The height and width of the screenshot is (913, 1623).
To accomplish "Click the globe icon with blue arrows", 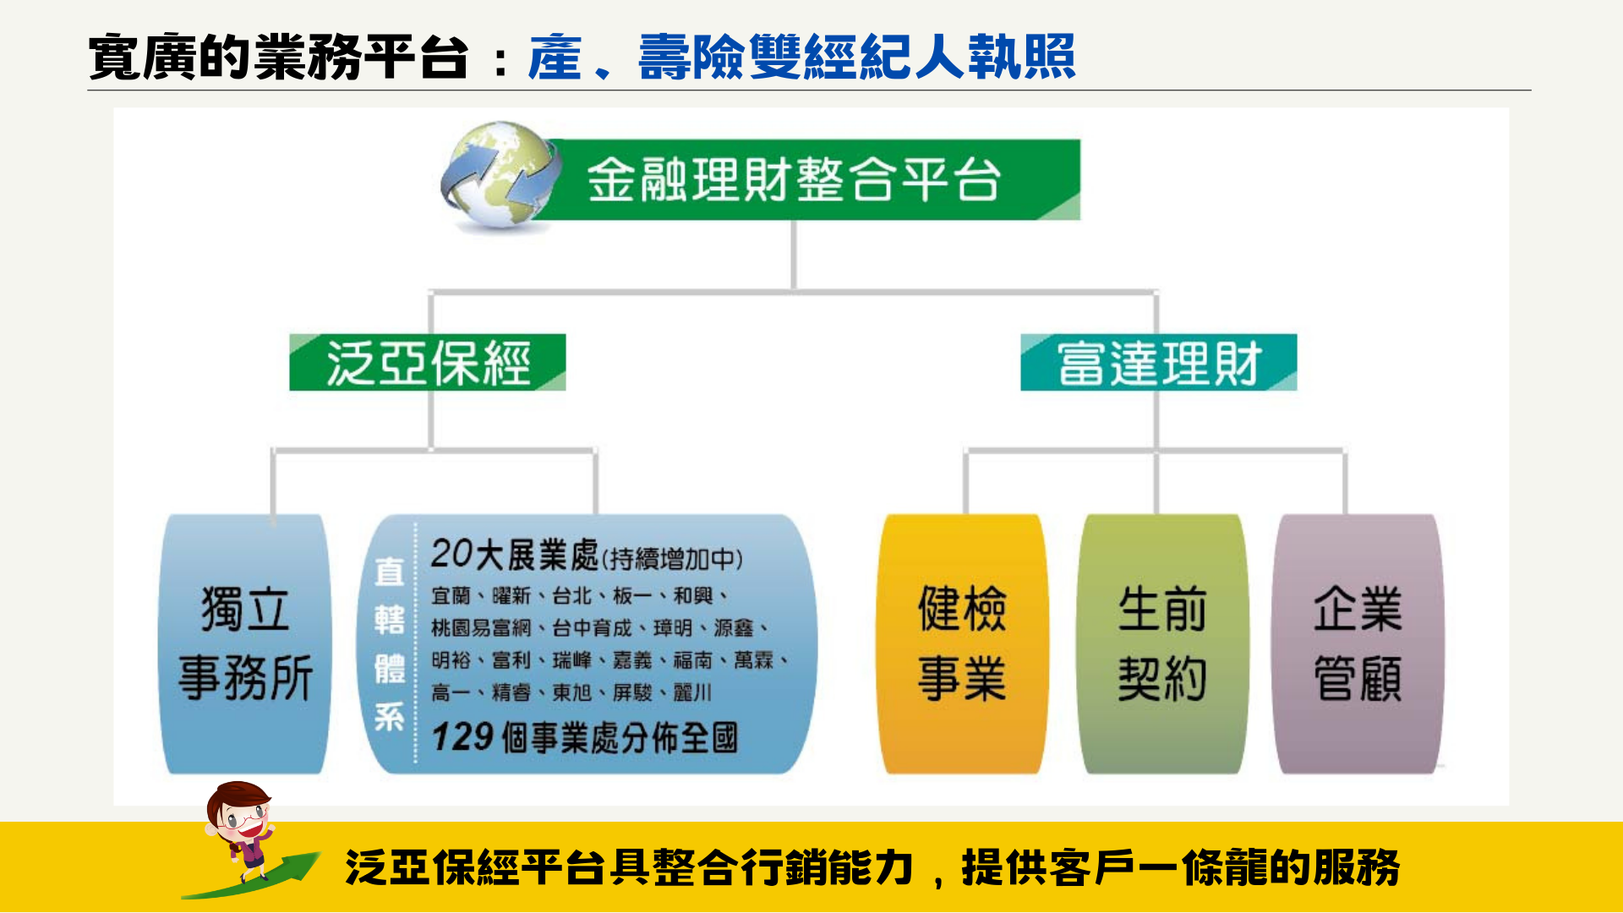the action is click(500, 176).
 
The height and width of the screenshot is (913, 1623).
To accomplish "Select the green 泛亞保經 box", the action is click(427, 363).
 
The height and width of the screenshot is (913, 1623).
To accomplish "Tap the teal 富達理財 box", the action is click(1158, 363).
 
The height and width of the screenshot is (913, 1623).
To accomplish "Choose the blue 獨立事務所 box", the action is click(245, 643).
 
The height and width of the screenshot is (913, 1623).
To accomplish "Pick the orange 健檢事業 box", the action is click(962, 643).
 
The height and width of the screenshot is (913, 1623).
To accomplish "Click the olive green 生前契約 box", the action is click(1161, 643).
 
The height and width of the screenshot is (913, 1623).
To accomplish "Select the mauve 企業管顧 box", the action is click(1358, 643).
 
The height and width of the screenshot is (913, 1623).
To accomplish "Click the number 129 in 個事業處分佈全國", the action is click(462, 737).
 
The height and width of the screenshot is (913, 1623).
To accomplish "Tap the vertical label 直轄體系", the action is click(390, 644).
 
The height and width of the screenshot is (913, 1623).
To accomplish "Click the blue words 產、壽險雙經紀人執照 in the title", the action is click(801, 57).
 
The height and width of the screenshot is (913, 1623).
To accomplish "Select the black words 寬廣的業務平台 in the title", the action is click(278, 57).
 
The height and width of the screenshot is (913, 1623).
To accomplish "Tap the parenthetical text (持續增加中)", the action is click(672, 559).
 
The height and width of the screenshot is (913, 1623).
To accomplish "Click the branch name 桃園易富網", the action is click(481, 628).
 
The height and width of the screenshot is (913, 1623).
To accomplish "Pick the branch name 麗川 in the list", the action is click(692, 692).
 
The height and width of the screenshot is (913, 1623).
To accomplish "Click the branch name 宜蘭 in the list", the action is click(451, 596).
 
